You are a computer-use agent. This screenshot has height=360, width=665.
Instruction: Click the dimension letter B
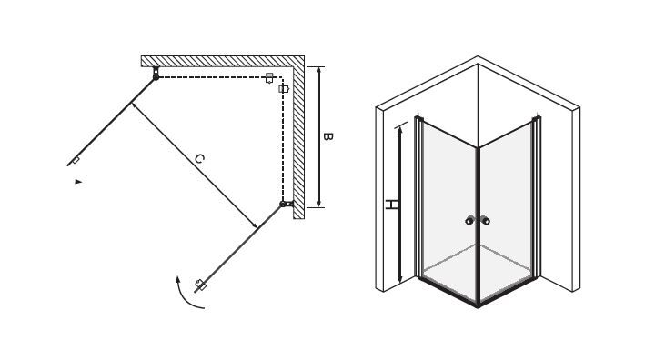[327, 137]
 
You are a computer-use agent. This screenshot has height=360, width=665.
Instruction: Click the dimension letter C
[199, 159]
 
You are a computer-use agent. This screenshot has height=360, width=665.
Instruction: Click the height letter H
[391, 205]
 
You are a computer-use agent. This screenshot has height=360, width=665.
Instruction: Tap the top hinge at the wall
[156, 74]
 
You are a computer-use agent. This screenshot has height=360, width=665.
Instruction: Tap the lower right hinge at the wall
[287, 204]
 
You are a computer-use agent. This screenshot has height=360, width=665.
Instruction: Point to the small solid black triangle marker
[78, 182]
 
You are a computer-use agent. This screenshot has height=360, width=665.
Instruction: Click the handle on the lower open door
[200, 285]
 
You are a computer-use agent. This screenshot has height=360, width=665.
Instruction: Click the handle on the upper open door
[76, 160]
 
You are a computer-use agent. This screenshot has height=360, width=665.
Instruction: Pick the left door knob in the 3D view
[469, 221]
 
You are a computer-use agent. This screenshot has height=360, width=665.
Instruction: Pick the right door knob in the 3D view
[486, 221]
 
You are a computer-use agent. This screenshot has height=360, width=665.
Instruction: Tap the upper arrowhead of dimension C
[134, 105]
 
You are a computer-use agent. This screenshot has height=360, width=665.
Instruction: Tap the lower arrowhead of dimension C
[255, 225]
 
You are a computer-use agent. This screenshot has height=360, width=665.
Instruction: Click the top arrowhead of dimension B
[319, 70]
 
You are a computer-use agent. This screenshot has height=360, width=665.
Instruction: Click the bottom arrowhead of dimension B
[319, 204]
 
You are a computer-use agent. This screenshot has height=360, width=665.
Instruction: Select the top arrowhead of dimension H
[399, 129]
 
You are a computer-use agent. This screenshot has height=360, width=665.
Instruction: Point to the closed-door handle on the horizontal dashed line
[269, 78]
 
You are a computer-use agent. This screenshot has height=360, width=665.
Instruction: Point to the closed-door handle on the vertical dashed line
[283, 88]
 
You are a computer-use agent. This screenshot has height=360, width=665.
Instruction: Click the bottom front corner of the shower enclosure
[478, 305]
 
